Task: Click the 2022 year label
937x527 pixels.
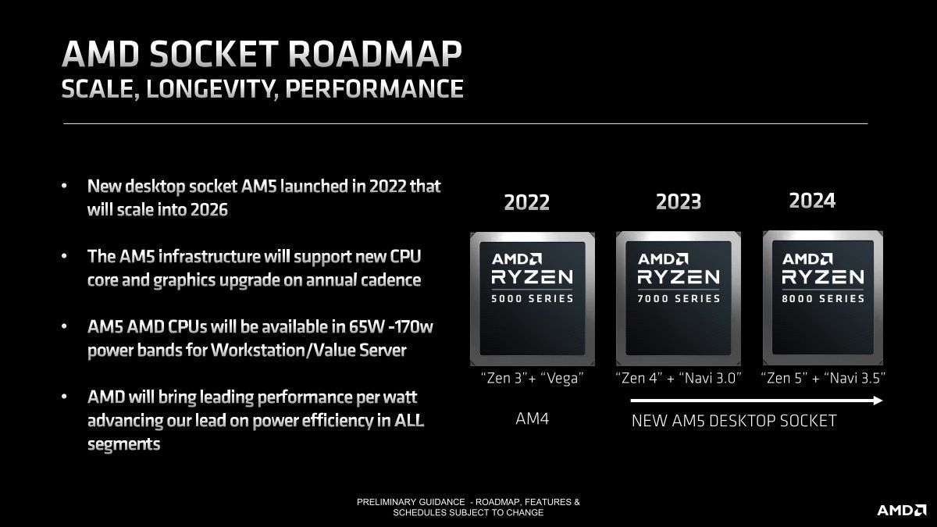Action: tap(526, 203)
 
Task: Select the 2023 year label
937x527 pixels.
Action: tap(679, 202)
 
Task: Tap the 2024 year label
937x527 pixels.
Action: tap(812, 201)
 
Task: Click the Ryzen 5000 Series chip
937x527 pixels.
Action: tap(532, 298)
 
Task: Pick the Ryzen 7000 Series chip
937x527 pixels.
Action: tap(678, 298)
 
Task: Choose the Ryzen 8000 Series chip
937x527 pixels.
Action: tap(823, 298)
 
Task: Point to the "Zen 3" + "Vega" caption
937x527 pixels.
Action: tap(533, 379)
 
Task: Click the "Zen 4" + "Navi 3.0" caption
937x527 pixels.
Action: tap(678, 379)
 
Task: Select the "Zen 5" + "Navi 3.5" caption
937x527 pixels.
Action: tap(823, 379)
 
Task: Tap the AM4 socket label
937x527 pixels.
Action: tap(533, 419)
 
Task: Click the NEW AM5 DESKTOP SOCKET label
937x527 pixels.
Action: tap(733, 421)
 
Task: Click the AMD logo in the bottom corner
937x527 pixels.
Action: tap(901, 510)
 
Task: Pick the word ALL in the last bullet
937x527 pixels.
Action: tap(408, 421)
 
